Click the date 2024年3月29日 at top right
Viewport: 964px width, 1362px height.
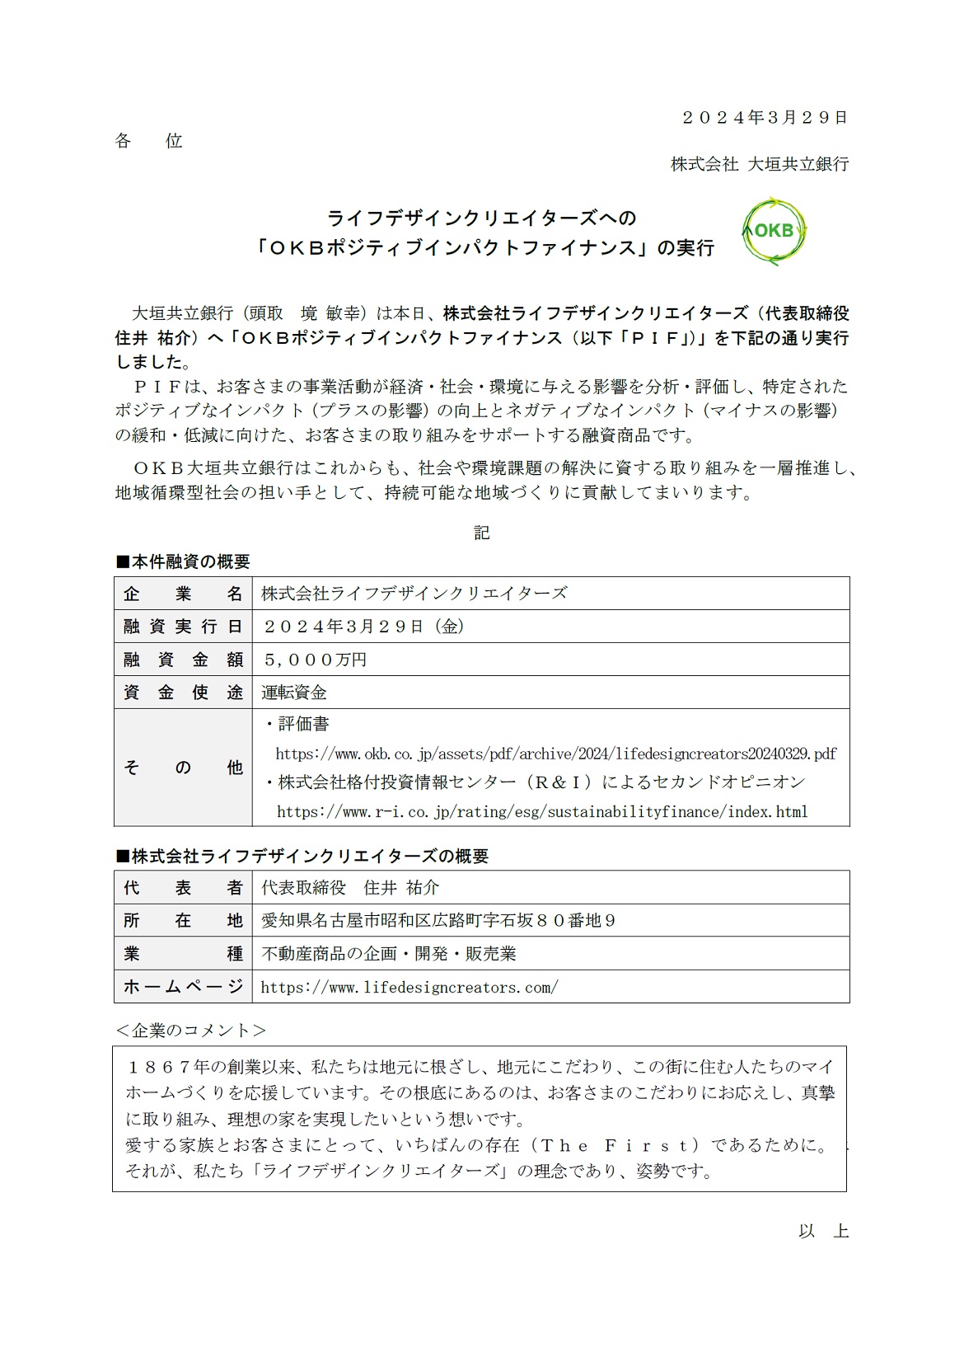click(x=764, y=118)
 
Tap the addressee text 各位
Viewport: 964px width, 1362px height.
click(x=148, y=141)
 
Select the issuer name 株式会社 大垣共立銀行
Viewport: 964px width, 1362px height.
click(x=759, y=164)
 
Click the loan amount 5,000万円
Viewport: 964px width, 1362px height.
click(x=314, y=660)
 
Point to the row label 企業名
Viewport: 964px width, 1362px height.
click(x=183, y=594)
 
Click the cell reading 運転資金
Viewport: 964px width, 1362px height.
click(x=294, y=693)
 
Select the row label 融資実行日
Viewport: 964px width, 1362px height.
click(x=183, y=627)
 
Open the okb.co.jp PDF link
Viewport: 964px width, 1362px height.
click(x=555, y=754)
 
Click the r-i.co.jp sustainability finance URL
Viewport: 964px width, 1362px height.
click(x=542, y=812)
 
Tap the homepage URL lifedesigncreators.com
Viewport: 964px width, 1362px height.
click(x=409, y=987)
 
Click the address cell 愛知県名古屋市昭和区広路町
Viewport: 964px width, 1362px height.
click(x=438, y=920)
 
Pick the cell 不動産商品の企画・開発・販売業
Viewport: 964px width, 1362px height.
click(x=389, y=954)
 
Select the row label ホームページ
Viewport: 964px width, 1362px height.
click(x=183, y=987)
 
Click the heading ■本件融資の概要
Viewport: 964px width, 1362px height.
click(x=183, y=562)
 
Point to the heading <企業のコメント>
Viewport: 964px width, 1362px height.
click(x=191, y=1031)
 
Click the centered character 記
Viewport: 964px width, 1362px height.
click(x=482, y=533)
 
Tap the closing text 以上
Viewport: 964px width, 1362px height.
click(x=823, y=1232)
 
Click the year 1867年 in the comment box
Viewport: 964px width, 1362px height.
click(x=169, y=1067)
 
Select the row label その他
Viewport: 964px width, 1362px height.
click(x=183, y=768)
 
